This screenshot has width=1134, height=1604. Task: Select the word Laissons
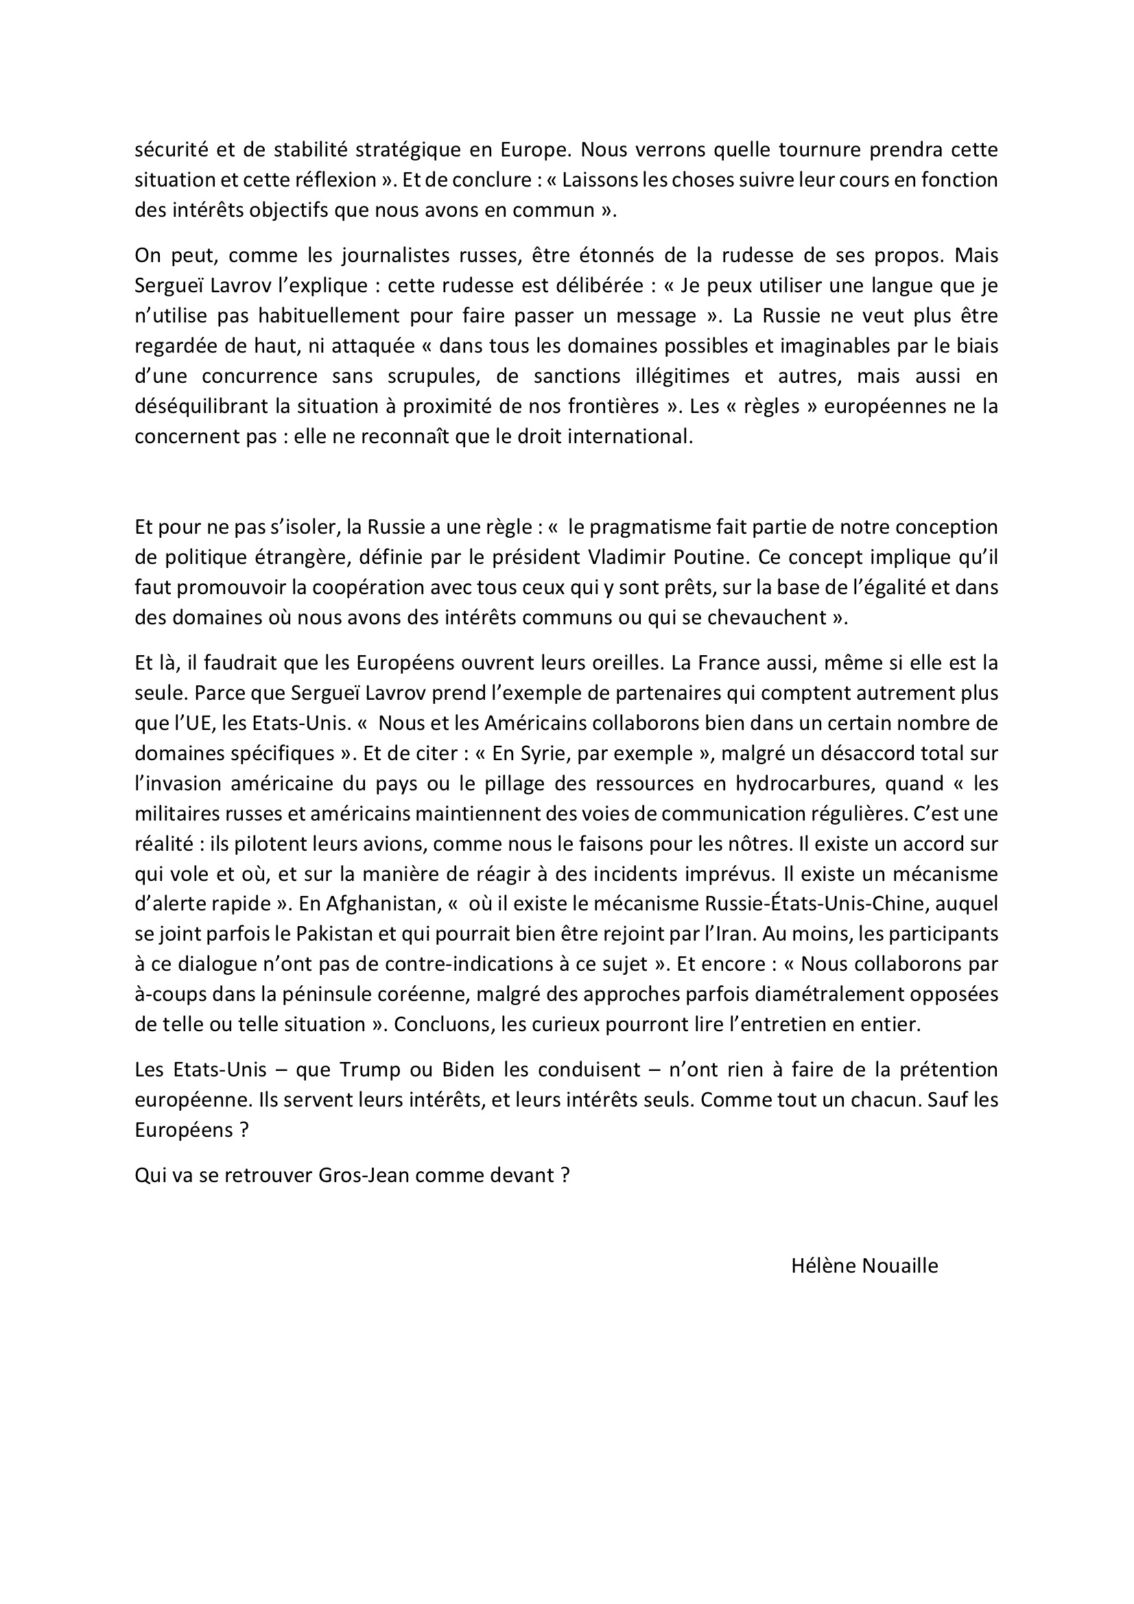click(600, 180)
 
